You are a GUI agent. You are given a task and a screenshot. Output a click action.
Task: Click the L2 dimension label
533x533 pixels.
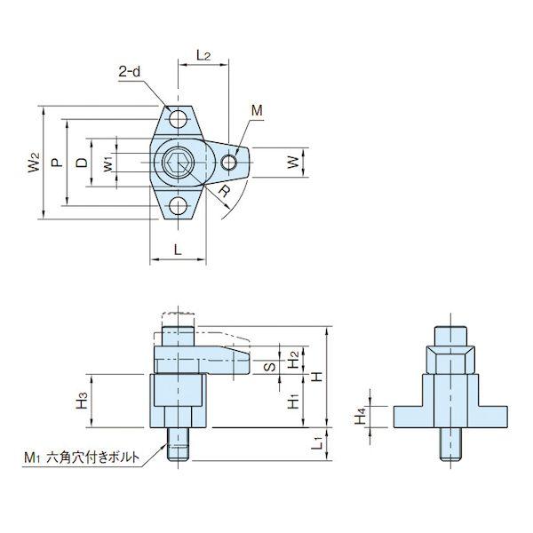203,55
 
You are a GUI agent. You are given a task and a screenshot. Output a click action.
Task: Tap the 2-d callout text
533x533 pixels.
129,72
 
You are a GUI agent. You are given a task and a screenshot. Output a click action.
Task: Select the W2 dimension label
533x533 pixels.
35,163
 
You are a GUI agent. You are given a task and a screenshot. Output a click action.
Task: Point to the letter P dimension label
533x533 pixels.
58,163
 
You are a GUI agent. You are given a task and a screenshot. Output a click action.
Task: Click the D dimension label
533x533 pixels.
82,163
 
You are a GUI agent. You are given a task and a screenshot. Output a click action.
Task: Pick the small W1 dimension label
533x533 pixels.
107,163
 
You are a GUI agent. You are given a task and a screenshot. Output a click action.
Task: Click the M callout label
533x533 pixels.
257,110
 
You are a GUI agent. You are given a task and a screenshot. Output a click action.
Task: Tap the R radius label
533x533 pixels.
224,192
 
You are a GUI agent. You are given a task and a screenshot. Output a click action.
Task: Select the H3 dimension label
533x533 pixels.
82,400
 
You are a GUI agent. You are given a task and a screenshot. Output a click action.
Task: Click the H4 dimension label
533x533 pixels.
361,416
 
